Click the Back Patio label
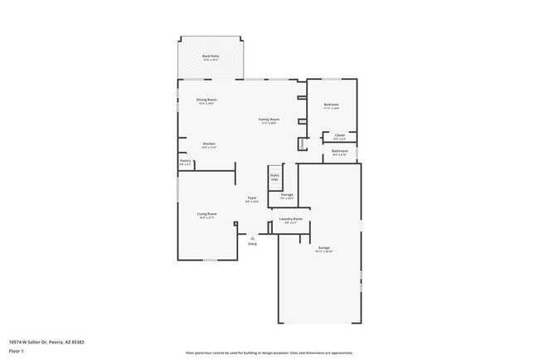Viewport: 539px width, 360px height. pyautogui.click(x=210, y=56)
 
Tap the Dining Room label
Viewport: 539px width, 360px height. pyautogui.click(x=206, y=100)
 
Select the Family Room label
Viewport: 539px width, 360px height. pyautogui.click(x=269, y=120)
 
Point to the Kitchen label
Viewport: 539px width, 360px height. pyautogui.click(x=209, y=144)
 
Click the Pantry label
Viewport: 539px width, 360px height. pyautogui.click(x=185, y=161)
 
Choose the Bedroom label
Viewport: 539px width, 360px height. pyautogui.click(x=332, y=105)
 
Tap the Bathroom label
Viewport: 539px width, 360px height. pyautogui.click(x=340, y=151)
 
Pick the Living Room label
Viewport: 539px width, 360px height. pyautogui.click(x=206, y=215)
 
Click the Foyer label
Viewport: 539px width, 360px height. pyautogui.click(x=251, y=198)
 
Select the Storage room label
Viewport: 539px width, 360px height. pyautogui.click(x=286, y=196)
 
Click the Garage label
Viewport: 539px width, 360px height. pyautogui.click(x=323, y=248)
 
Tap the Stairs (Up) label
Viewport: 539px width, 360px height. pyautogui.click(x=274, y=177)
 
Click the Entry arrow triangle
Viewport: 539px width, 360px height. pyautogui.click(x=252, y=237)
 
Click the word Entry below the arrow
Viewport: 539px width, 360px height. pyautogui.click(x=252, y=244)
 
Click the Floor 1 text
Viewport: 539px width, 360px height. pyautogui.click(x=16, y=352)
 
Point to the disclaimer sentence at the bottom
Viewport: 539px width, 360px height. pyautogui.click(x=269, y=353)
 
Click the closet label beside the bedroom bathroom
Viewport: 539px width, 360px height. pyautogui.click(x=339, y=136)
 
